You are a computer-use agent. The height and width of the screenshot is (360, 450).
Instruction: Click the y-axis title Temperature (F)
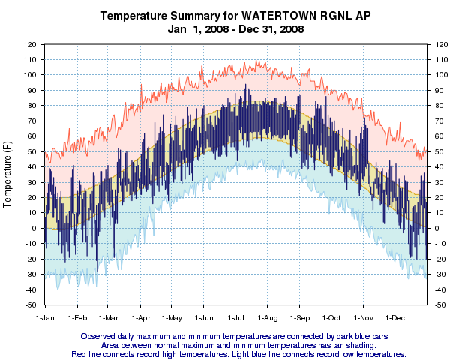[8, 174]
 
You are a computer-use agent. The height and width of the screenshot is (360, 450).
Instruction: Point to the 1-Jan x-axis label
[45, 317]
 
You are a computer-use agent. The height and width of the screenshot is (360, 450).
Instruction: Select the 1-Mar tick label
[108, 317]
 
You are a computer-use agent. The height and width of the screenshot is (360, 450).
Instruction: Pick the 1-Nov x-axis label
[363, 317]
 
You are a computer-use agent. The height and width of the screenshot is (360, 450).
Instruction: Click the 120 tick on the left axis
[29, 44]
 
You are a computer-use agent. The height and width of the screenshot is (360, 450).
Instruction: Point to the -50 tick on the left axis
[29, 305]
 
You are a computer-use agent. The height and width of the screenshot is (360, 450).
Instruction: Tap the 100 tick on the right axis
[438, 75]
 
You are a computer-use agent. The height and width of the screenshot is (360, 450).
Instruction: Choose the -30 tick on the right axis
[438, 274]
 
